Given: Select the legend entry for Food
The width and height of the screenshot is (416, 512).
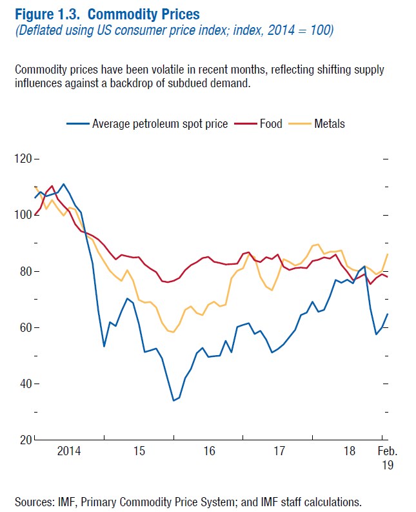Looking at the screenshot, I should point(271,123).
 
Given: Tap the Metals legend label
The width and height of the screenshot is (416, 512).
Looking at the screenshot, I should point(330,123).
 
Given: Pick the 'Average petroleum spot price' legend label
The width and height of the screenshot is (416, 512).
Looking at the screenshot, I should point(160,123).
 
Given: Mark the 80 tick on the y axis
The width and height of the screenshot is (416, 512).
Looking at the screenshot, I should point(24,271).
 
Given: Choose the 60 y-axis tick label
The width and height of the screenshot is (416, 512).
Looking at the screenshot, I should point(24,327).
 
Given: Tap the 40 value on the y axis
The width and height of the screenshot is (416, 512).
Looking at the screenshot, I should point(24,384).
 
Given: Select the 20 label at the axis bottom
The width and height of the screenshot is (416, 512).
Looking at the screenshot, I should point(24,440).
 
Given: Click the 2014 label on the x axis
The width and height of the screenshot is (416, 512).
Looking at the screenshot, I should point(69,451).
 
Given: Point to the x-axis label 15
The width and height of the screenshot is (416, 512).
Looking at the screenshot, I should point(139,451).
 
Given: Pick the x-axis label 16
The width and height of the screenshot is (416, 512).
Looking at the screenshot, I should point(210,451).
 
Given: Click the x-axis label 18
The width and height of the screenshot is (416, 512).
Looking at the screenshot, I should point(350,451).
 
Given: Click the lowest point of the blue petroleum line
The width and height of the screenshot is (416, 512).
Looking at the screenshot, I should point(173,400).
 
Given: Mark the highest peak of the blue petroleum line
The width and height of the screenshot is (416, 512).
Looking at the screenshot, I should point(63,184).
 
